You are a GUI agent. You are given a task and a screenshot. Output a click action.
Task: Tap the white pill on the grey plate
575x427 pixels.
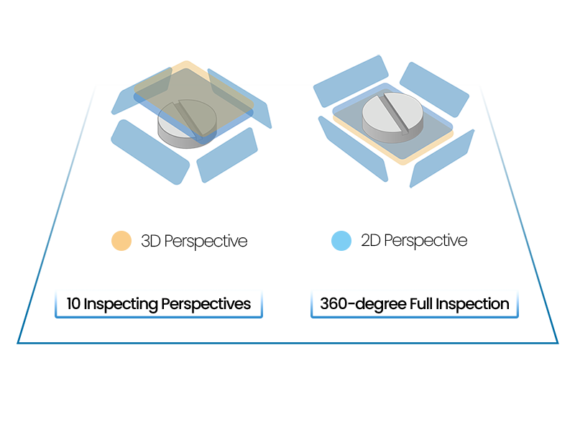(390, 115)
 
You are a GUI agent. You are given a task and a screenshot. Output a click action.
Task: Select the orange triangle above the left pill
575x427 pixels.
(188, 68)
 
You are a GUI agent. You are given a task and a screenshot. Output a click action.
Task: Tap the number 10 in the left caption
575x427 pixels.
(73, 304)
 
